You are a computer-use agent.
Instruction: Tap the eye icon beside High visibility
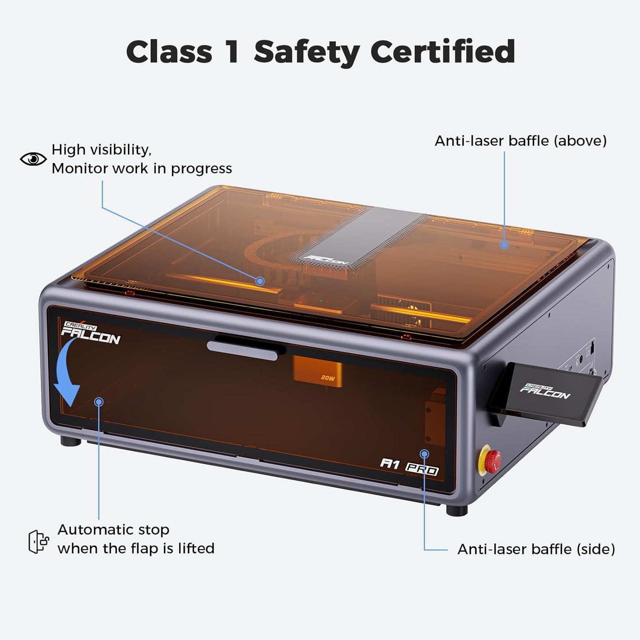[x=33, y=159]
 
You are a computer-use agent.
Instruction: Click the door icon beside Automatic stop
[x=38, y=541]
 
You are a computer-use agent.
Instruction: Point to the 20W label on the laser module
[x=328, y=378]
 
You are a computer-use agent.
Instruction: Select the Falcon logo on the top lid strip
[x=328, y=260]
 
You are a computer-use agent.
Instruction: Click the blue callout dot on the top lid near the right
[x=504, y=244]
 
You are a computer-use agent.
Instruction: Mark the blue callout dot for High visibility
[x=260, y=281]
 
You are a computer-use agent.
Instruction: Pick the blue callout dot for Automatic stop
[x=99, y=401]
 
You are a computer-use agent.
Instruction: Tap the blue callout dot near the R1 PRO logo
[x=424, y=454]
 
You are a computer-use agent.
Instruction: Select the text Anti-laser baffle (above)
[x=520, y=141]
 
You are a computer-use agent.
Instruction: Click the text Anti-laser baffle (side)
[x=536, y=549]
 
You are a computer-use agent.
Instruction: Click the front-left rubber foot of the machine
[x=70, y=442]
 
